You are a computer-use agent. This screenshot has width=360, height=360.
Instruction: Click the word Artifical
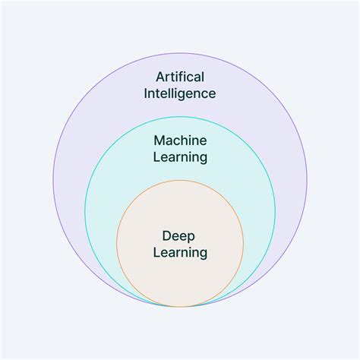pyautogui.click(x=180, y=77)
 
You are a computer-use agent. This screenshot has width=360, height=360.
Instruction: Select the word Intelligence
pyautogui.click(x=180, y=94)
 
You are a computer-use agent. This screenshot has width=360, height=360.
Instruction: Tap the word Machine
pyautogui.click(x=180, y=141)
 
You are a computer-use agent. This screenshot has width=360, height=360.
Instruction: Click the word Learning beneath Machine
pyautogui.click(x=180, y=158)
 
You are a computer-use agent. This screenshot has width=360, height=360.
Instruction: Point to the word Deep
pyautogui.click(x=178, y=237)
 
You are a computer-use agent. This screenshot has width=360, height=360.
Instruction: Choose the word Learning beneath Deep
pyautogui.click(x=180, y=254)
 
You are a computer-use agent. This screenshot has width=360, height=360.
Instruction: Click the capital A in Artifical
pyautogui.click(x=160, y=77)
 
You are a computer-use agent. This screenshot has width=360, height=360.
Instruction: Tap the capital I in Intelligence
pyautogui.click(x=146, y=93)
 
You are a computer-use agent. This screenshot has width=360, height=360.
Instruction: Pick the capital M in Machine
pyautogui.click(x=159, y=141)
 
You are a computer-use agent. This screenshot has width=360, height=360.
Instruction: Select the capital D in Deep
pyautogui.click(x=167, y=236)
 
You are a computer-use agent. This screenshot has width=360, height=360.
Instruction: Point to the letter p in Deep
pyautogui.click(x=191, y=238)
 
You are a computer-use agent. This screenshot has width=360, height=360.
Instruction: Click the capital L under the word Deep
pyautogui.click(x=157, y=252)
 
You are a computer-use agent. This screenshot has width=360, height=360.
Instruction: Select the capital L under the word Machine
pyautogui.click(x=157, y=156)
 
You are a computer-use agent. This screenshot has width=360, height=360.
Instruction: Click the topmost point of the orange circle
pyautogui.click(x=180, y=180)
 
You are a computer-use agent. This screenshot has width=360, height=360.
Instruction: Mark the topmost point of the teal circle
pyautogui.click(x=180, y=117)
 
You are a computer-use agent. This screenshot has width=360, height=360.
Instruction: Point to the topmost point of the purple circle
pyautogui.click(x=180, y=53)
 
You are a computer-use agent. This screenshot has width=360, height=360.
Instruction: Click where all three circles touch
pyautogui.click(x=180, y=307)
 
